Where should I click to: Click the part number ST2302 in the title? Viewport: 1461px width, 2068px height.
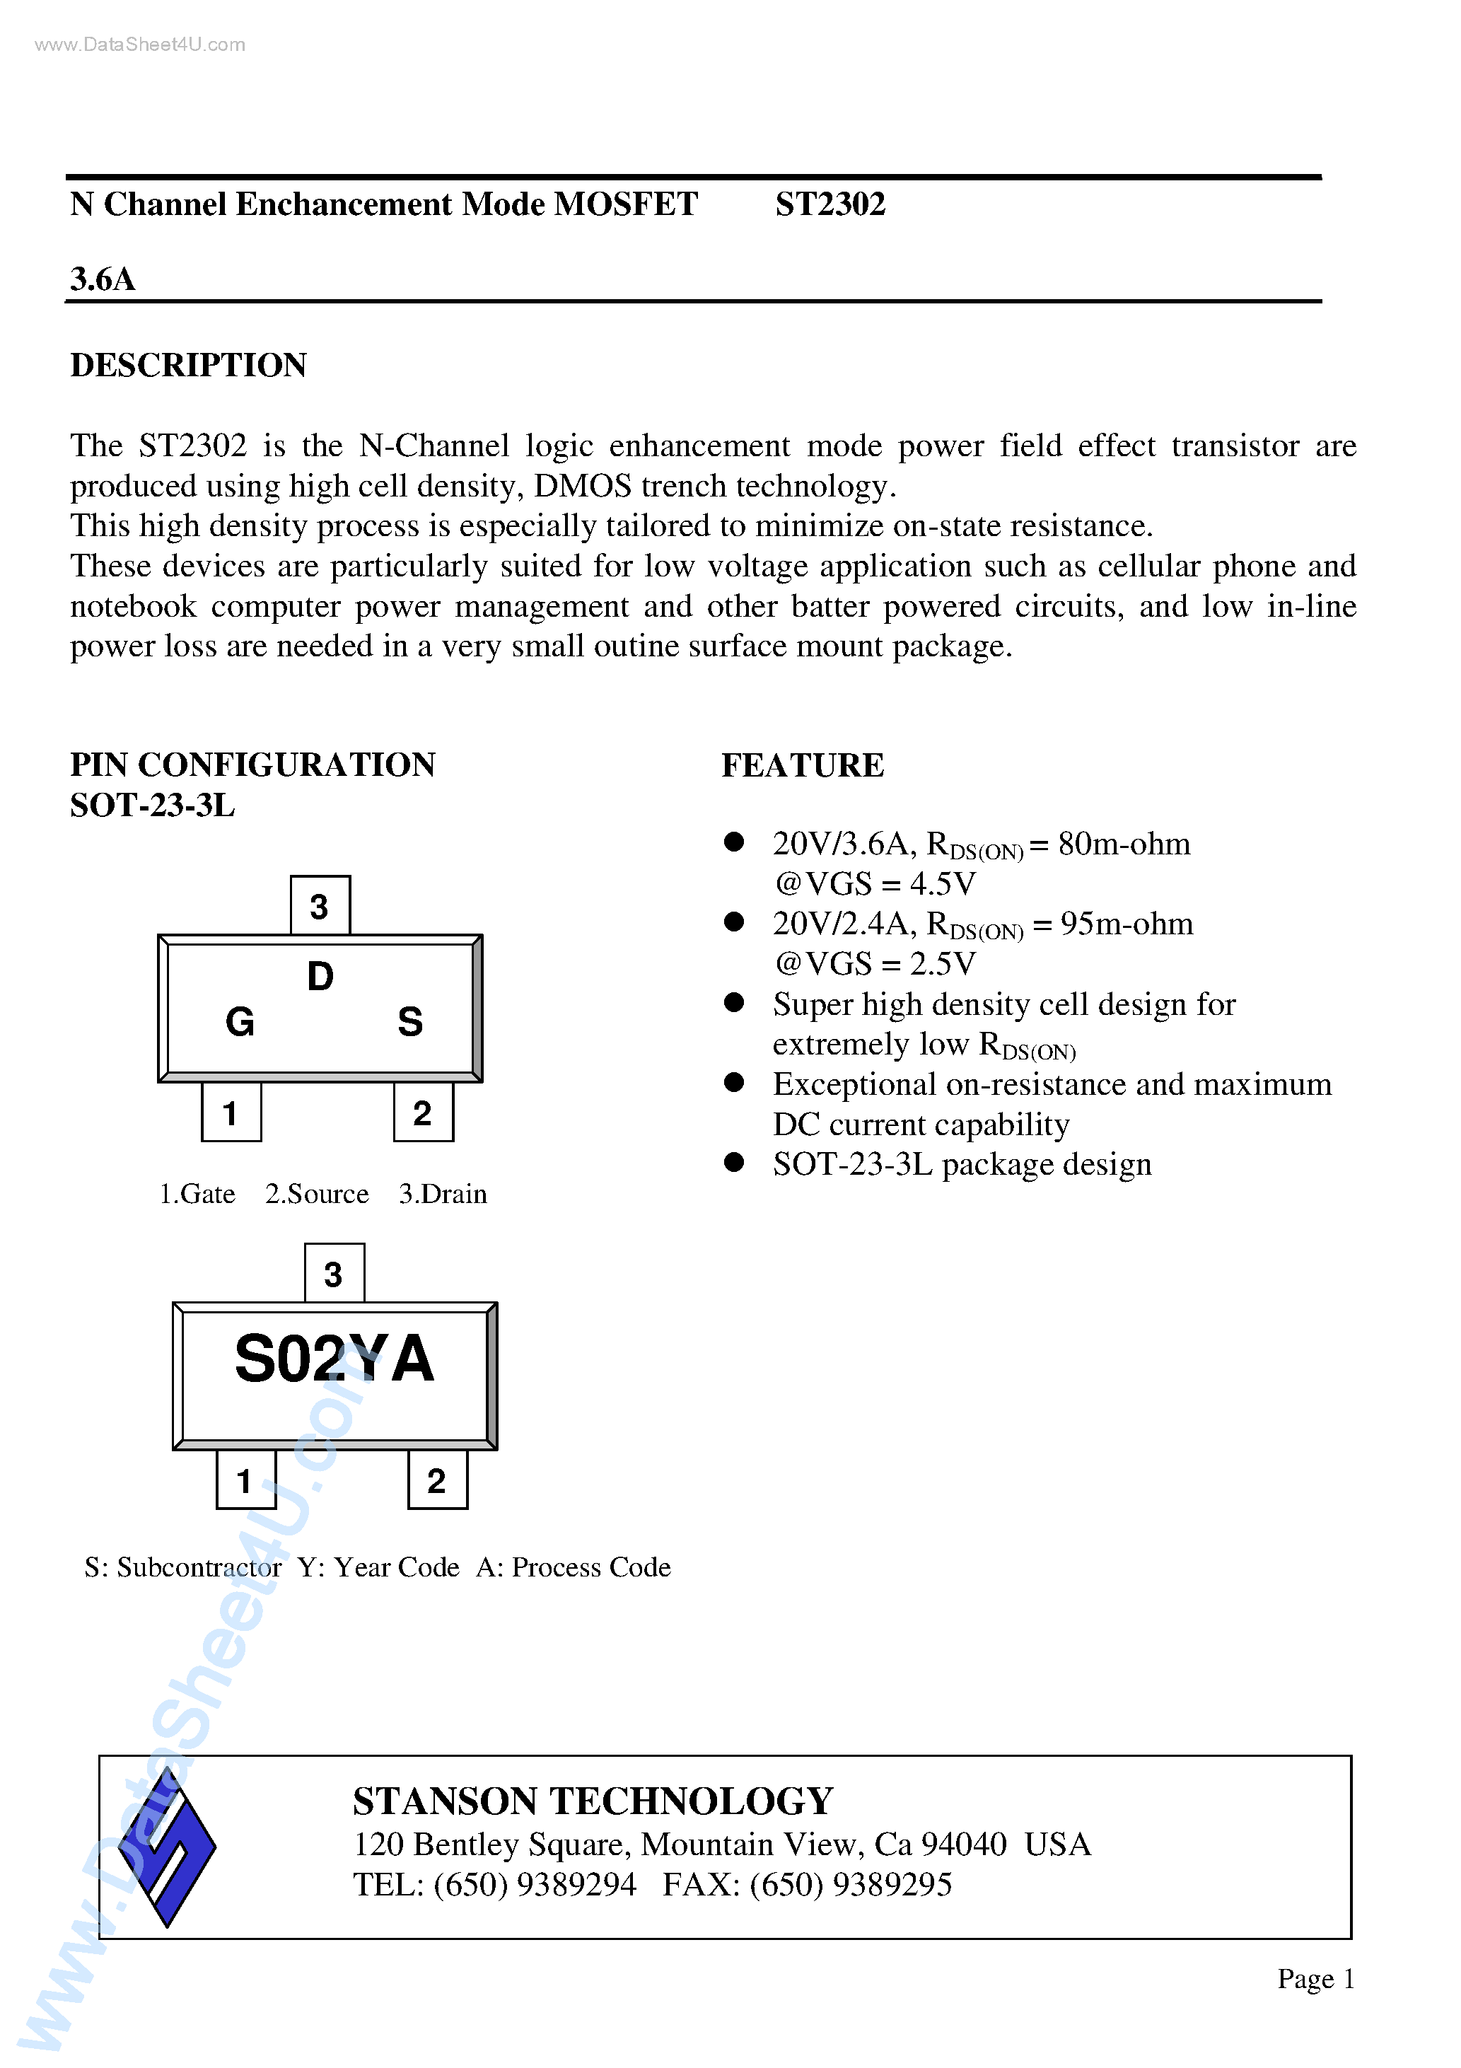[x=830, y=204]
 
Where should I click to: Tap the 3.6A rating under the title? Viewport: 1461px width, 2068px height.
[x=103, y=279]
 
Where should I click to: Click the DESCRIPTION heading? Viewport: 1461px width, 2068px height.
[x=188, y=365]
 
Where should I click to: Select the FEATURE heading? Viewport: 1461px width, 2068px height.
[x=803, y=765]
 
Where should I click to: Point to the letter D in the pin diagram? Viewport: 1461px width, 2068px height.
[x=320, y=976]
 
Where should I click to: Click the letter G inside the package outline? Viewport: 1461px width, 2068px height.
[x=240, y=1021]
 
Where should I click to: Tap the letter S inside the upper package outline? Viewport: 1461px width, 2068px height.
[x=410, y=1021]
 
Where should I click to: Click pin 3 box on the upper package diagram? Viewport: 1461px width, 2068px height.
[x=320, y=905]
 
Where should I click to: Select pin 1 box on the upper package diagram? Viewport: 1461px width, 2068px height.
[x=231, y=1113]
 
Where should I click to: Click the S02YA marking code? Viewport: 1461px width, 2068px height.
[x=334, y=1358]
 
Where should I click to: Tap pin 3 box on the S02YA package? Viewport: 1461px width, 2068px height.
[x=334, y=1272]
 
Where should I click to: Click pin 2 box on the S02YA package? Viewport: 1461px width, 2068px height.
[x=438, y=1480]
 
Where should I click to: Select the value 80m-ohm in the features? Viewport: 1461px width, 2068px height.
[x=1124, y=844]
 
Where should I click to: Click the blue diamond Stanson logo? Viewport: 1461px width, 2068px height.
[x=168, y=1847]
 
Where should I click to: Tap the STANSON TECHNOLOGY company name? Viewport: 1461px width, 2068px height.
[x=593, y=1801]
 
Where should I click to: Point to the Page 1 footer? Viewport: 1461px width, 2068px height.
[x=1315, y=1979]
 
